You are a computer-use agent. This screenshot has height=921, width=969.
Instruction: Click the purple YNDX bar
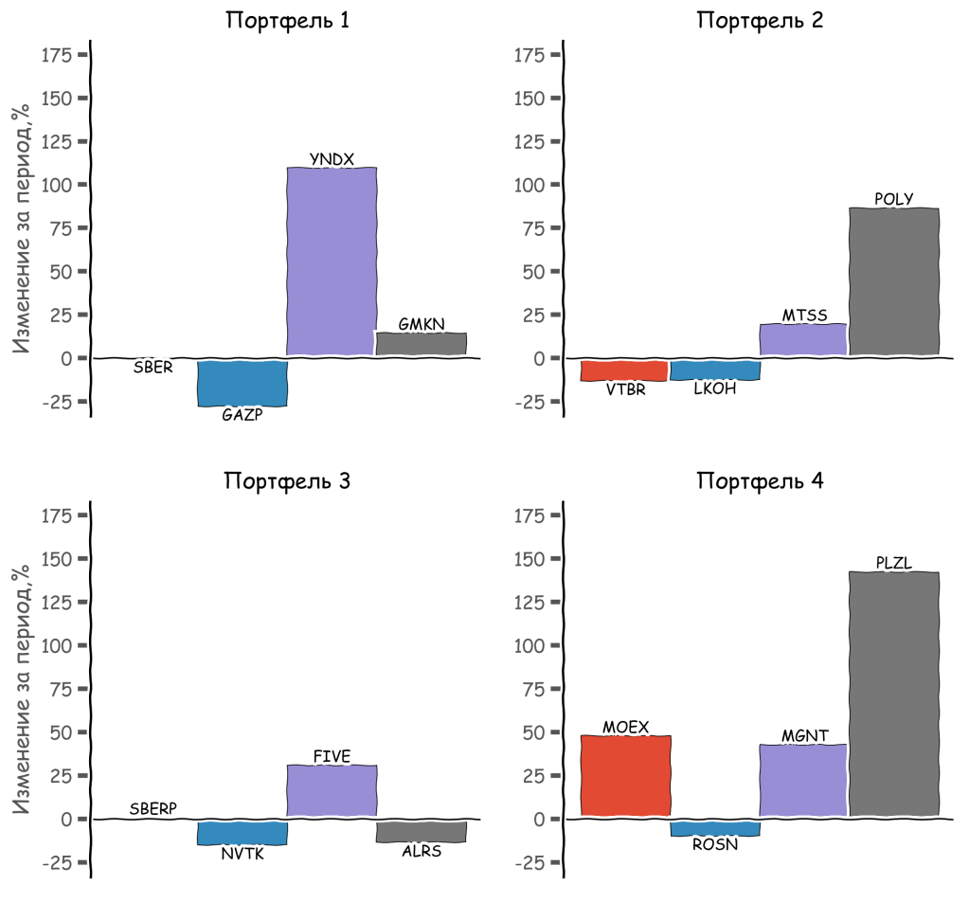pyautogui.click(x=332, y=262)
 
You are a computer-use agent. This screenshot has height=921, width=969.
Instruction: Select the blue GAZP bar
pyautogui.click(x=242, y=382)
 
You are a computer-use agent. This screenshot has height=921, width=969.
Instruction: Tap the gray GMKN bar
pyautogui.click(x=422, y=344)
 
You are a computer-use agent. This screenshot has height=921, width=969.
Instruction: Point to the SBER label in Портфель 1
pyautogui.click(x=153, y=368)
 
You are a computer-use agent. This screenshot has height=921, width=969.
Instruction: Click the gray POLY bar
pyautogui.click(x=894, y=281)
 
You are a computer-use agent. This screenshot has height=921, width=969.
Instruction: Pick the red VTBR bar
pyautogui.click(x=624, y=370)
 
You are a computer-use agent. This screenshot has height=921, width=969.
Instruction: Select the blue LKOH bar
pyautogui.click(x=714, y=370)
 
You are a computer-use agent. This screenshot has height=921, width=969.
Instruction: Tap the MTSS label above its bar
pyautogui.click(x=804, y=316)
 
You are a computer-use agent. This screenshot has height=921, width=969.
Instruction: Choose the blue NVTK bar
pyautogui.click(x=242, y=832)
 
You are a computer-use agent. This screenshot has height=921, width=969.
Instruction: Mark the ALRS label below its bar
pyautogui.click(x=422, y=851)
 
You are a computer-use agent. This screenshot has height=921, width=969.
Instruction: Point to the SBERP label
pyautogui.click(x=153, y=809)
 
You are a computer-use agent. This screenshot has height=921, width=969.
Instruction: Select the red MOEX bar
pyautogui.click(x=625, y=776)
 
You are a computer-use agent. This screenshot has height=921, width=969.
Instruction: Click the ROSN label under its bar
pyautogui.click(x=714, y=844)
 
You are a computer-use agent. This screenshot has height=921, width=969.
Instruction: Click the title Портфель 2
pyautogui.click(x=760, y=21)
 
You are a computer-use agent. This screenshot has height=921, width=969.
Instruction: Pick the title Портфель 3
pyautogui.click(x=287, y=481)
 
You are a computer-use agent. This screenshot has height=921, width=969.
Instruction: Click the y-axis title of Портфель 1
pyautogui.click(x=21, y=227)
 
